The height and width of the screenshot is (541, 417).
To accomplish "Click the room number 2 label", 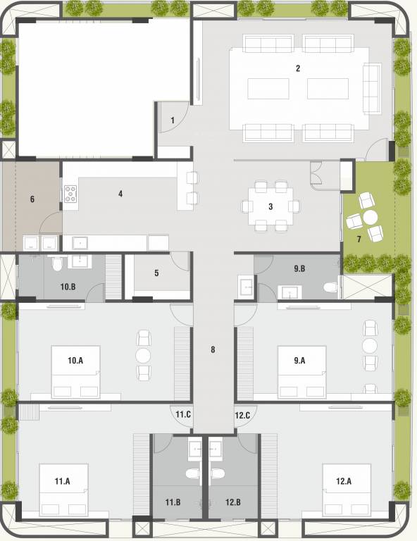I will point(298,68).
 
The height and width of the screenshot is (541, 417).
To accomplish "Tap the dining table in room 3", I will point(270,206).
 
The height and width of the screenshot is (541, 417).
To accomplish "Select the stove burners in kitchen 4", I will point(71,194).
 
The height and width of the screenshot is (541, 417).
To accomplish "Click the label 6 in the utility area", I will point(32,199).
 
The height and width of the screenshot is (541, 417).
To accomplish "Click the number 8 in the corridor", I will point(213,349).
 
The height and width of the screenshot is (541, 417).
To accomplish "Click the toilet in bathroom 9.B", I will point(329,287).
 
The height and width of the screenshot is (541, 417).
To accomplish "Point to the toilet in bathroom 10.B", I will point(56,263).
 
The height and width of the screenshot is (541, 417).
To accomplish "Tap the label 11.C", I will point(183,415).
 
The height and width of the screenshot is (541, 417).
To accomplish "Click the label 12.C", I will point(243,415).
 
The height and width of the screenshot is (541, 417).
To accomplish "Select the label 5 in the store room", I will point(156,273).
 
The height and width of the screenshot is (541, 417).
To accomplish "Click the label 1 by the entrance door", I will point(172,120).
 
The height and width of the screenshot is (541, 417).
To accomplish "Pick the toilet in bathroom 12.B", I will point(217,473).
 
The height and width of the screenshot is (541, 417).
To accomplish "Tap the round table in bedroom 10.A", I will point(143,354).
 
